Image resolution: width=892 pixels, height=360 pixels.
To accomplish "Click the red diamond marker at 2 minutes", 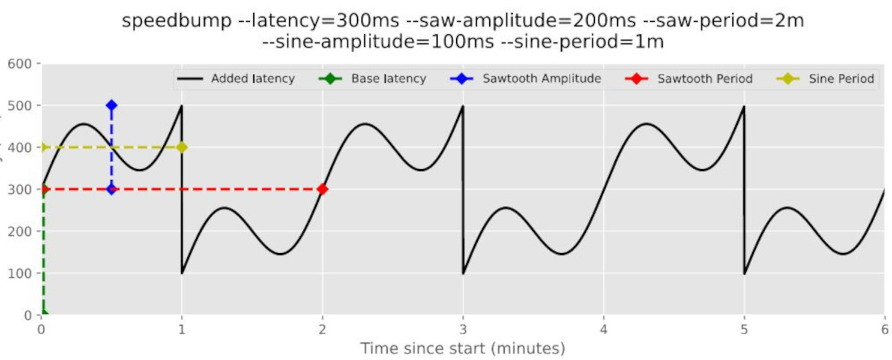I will tap(322, 189).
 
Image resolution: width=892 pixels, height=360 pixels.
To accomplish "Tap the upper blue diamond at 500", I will tap(111, 105).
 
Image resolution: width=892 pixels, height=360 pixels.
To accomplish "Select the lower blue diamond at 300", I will tap(111, 189).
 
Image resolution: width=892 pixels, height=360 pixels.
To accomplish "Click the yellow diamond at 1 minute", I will tap(181, 147).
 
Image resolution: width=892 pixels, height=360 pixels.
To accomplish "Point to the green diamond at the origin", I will tap(43, 314).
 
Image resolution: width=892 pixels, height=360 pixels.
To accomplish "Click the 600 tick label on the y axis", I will tap(23, 64).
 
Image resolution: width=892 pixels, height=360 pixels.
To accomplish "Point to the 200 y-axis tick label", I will tap(23, 232).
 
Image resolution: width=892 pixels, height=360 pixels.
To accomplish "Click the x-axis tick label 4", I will tap(603, 329).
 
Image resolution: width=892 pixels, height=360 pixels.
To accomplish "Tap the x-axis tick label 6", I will tap(884, 329).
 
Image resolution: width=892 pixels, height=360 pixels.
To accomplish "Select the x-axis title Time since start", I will tap(462, 348).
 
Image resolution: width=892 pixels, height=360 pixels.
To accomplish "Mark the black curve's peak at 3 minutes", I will tap(462, 106).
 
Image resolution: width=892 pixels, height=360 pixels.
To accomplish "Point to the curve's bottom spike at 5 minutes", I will tap(745, 274).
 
